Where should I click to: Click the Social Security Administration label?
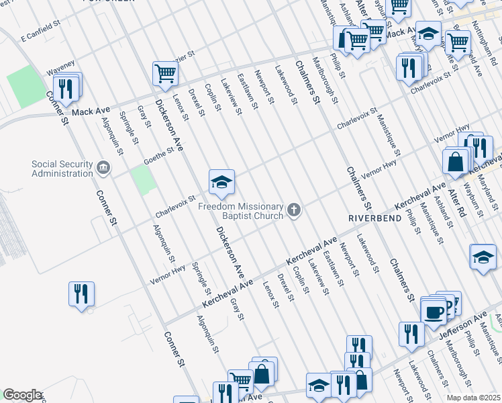coord(62,169)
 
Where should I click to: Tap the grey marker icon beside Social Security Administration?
coord(103,167)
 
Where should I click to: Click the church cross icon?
coord(293,211)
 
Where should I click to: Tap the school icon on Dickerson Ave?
coord(221,181)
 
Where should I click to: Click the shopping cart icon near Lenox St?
coord(164,73)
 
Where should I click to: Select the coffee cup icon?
coord(432,312)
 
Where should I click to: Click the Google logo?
coord(23,395)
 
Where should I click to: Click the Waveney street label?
coord(59,70)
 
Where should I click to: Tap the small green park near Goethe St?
coord(142,179)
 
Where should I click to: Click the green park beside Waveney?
coord(26,86)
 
